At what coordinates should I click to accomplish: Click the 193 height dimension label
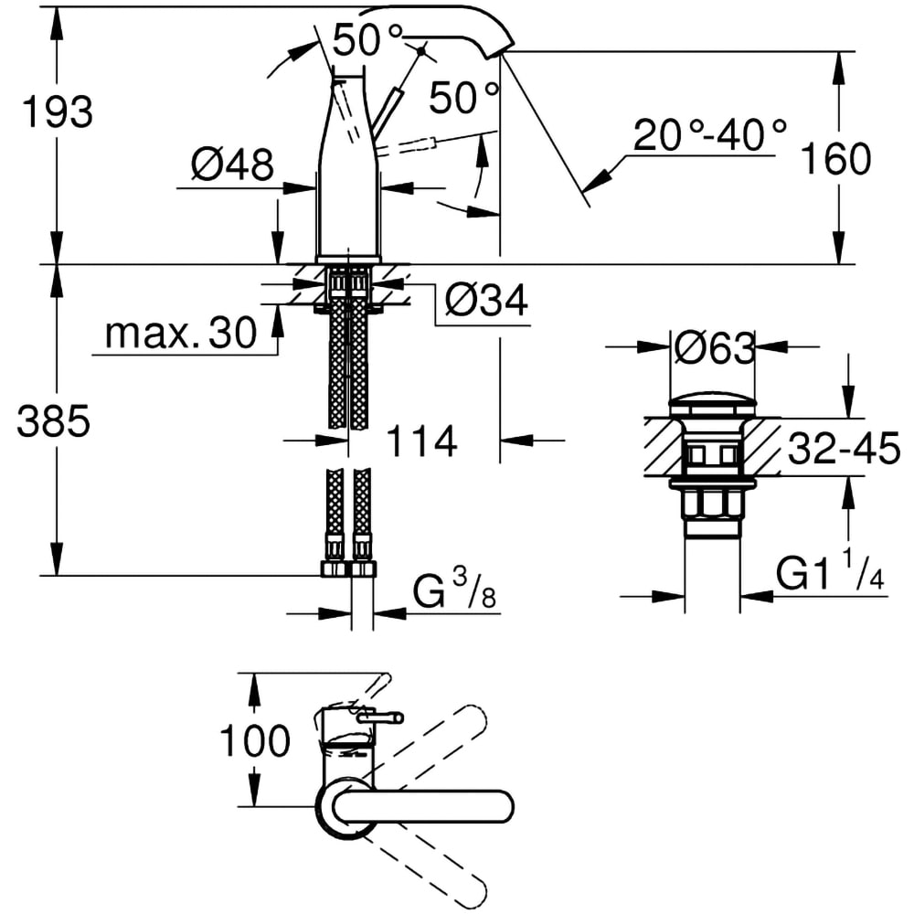coord(58,112)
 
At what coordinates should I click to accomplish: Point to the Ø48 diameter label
coord(231,165)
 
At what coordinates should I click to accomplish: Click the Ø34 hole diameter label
coord(485,299)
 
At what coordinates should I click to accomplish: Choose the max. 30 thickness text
coord(181,335)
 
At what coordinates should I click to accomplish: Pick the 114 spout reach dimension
coord(420,442)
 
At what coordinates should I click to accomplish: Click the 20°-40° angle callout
coord(710,136)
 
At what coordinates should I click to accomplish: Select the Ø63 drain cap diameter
coord(714,348)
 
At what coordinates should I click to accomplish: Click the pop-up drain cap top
coord(713,403)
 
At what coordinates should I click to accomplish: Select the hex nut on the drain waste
coord(713,505)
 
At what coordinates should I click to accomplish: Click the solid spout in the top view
coord(420,806)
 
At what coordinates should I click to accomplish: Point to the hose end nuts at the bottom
coord(349,569)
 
